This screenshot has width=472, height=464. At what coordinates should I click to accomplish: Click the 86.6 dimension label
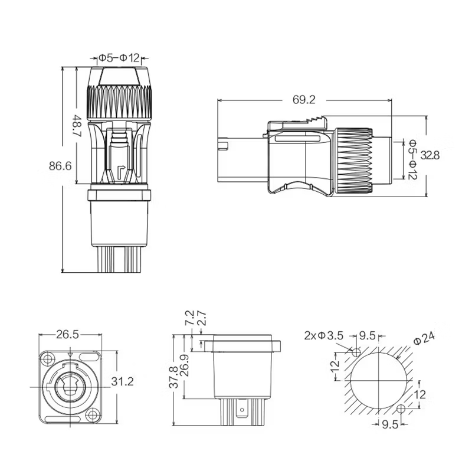[60, 166]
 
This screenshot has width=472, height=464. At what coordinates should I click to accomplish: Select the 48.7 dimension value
[77, 126]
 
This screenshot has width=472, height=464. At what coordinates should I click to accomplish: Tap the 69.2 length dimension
[304, 100]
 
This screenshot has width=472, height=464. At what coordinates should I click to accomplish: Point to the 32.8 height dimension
[430, 155]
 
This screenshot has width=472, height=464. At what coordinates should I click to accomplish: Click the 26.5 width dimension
[67, 334]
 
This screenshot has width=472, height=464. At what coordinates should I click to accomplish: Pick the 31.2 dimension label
[122, 381]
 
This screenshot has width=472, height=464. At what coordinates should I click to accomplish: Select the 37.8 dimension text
[174, 377]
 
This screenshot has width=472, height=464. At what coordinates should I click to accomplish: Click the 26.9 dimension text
[185, 365]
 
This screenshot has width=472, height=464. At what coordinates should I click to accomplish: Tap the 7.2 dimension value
[189, 318]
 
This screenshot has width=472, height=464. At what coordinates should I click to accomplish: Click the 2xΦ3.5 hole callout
[323, 335]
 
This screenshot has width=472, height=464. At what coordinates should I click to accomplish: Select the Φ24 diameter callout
[424, 338]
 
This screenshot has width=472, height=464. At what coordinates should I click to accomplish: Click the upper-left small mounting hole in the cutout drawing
[356, 352]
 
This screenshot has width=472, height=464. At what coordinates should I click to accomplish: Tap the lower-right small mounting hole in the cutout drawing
[401, 409]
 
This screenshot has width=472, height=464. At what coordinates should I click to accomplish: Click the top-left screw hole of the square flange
[48, 359]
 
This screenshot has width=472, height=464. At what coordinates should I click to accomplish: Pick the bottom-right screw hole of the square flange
[93, 415]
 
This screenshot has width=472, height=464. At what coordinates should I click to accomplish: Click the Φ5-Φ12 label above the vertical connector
[120, 57]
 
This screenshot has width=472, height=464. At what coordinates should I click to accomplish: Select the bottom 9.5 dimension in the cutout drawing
[391, 424]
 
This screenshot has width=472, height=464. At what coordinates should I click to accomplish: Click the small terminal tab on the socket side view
[241, 408]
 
